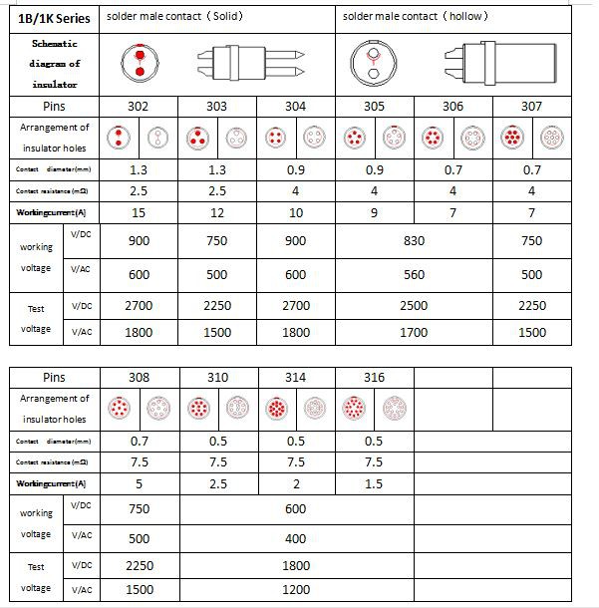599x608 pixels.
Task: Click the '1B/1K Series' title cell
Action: coord(54,18)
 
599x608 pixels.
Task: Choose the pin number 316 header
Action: coord(375,378)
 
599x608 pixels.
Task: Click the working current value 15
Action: coord(140,212)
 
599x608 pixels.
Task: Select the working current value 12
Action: coord(217,212)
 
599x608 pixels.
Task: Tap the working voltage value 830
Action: coord(414,240)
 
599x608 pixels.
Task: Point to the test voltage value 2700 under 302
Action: coord(140,306)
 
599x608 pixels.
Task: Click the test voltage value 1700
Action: coord(414,333)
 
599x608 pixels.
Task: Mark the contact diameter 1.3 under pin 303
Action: coord(217,170)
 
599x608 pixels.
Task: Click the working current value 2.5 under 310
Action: coord(217,483)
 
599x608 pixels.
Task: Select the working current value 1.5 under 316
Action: coord(375,483)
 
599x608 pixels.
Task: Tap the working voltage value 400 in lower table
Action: coord(296,539)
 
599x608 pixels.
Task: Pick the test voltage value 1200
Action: coord(296,589)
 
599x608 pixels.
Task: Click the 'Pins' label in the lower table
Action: coord(54,378)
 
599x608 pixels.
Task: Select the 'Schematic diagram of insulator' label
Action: coord(54,64)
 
